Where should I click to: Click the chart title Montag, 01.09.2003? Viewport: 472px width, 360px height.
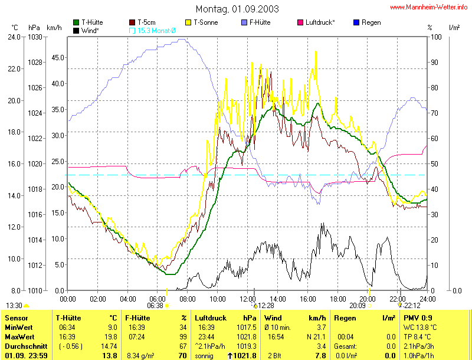[x=237, y=9]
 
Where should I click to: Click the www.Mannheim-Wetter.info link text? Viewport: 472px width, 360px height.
[x=429, y=7]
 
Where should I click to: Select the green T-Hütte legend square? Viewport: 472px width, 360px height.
[x=76, y=22]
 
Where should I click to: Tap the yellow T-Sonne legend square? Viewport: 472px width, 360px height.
[x=188, y=22]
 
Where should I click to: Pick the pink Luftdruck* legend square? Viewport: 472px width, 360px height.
[x=300, y=22]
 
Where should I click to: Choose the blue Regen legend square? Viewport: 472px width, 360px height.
[x=356, y=22]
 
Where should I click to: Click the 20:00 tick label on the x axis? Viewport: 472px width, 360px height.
[x=367, y=299]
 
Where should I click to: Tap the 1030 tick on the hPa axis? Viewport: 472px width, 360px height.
[x=35, y=37]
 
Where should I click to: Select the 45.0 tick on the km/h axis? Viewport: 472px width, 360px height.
[x=58, y=57]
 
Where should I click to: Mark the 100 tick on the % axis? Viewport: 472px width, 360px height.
[x=436, y=37]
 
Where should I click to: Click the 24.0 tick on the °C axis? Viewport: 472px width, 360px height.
[x=14, y=37]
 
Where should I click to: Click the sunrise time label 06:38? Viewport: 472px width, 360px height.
[x=155, y=306]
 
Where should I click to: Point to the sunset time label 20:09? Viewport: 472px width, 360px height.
[x=358, y=306]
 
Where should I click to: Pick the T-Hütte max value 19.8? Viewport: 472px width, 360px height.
[x=112, y=337]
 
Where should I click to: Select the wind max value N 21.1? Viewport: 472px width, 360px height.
[x=316, y=337]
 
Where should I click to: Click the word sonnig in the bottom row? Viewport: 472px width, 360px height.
[x=204, y=356]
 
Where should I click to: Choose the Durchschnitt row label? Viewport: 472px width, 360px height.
[x=26, y=346]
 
